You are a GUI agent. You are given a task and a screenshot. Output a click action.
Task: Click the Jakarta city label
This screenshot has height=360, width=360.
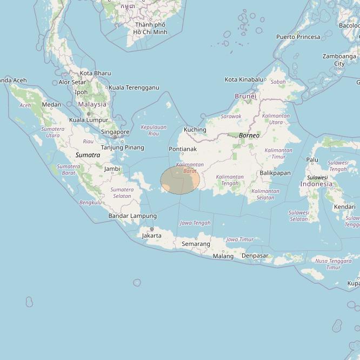pos(151,236)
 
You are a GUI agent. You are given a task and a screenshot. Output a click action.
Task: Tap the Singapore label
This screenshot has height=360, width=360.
pos(115,132)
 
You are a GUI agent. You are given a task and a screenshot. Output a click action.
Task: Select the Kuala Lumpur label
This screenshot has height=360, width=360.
pos(89,120)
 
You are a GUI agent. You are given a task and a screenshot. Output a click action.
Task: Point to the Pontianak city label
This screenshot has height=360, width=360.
pos(183,149)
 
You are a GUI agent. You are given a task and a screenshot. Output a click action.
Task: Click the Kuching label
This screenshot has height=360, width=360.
pos(195,130)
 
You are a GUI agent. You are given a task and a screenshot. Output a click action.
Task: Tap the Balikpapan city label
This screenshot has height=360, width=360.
pos(275,173)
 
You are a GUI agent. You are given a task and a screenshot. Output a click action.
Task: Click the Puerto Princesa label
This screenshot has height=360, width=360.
pos(298,37)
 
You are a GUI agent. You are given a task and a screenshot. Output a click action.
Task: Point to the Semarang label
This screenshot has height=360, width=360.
pos(196,244)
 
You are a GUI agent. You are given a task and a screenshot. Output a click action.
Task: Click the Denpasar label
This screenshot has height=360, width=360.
pos(255,256)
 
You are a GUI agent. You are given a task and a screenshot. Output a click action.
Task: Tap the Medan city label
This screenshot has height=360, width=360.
pos(51,104)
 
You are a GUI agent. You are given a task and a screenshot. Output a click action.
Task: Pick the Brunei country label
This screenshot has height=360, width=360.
pos(245,96)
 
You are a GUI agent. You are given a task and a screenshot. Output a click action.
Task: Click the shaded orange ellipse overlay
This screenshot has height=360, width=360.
pos(180,181)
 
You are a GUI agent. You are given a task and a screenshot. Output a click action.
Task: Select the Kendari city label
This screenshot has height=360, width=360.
pos(344,206)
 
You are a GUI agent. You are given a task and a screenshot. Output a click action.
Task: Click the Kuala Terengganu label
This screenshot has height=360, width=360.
pos(134,88)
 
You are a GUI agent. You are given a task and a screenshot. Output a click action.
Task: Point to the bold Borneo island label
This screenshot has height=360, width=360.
pos(249,135)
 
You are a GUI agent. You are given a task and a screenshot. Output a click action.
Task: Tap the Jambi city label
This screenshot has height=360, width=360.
pos(112,169)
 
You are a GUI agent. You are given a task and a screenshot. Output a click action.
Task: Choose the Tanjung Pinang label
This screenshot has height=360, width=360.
pos(122,148)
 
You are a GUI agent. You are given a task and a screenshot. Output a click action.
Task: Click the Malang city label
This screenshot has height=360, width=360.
pos(223,256)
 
